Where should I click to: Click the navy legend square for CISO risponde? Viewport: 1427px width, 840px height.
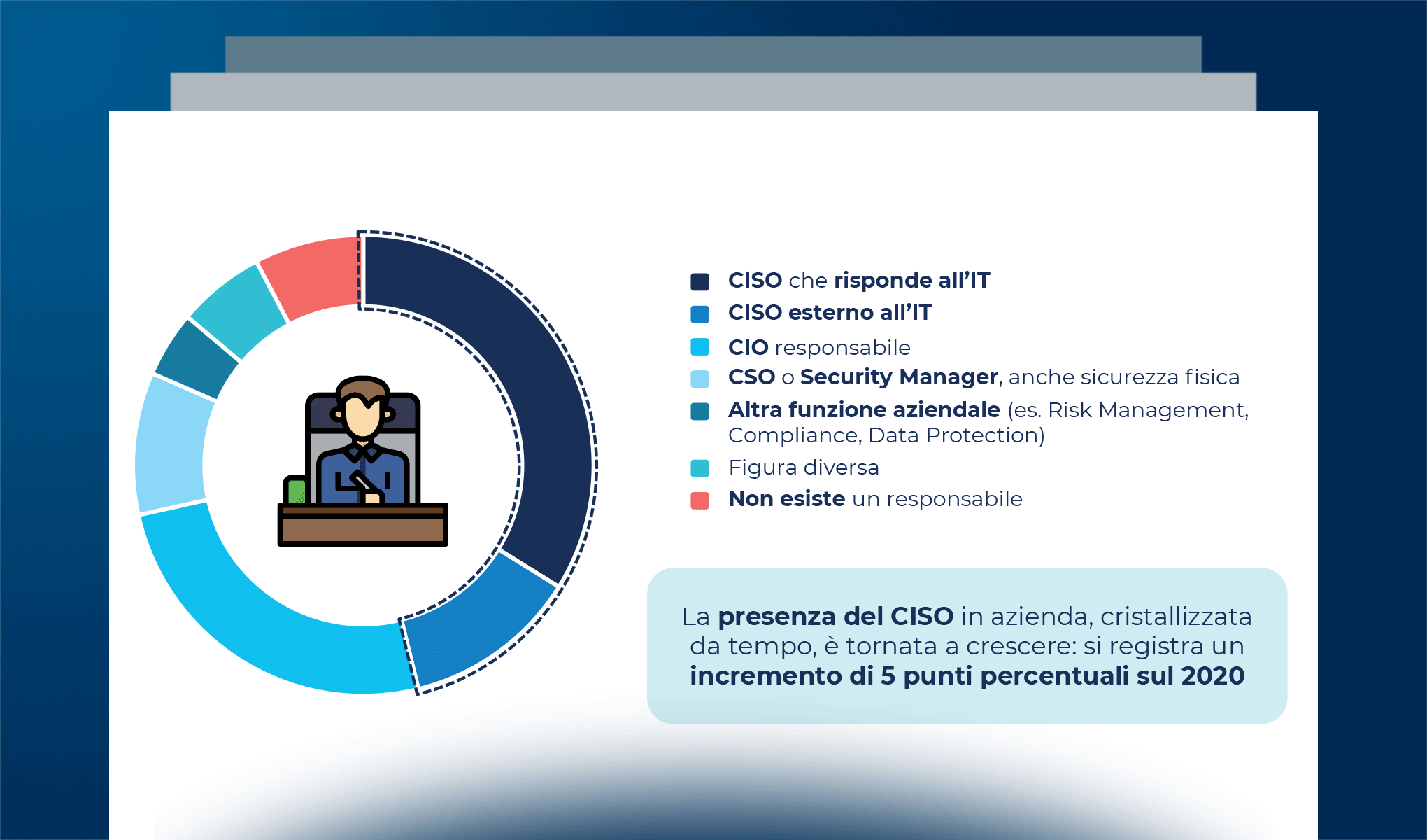[x=700, y=281]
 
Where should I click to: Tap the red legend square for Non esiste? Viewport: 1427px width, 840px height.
[x=700, y=500]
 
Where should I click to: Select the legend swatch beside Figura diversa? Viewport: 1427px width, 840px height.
[x=700, y=468]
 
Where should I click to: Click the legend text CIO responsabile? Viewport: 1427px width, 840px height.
[x=818, y=347]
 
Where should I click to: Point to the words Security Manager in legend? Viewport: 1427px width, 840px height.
[x=898, y=377]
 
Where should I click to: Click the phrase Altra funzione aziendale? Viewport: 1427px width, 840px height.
[x=863, y=409]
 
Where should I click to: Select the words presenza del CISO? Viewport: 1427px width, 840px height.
[x=835, y=617]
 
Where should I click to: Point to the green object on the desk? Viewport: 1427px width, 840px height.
[x=296, y=491]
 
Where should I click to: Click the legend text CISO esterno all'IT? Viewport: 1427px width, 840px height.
[x=830, y=313]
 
